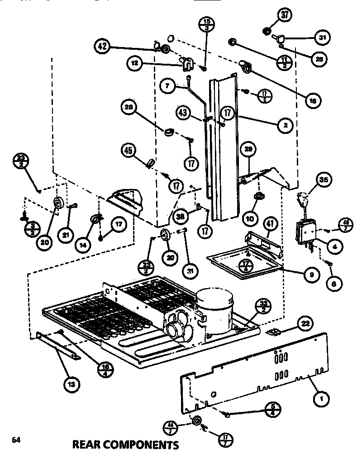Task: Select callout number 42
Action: [103, 46]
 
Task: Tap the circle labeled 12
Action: [135, 64]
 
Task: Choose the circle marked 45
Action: [129, 149]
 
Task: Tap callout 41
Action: [270, 222]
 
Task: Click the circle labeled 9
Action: [312, 274]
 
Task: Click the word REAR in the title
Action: [89, 445]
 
